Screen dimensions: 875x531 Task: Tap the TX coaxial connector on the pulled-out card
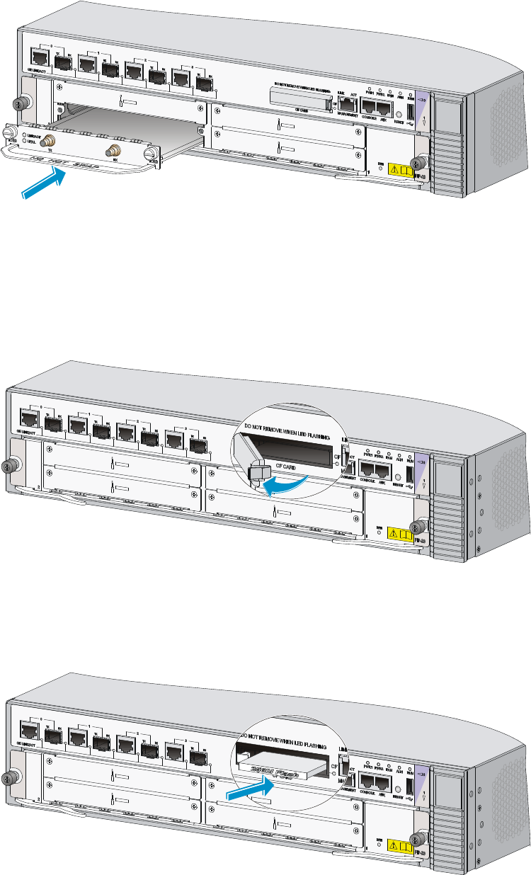point(50,141)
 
